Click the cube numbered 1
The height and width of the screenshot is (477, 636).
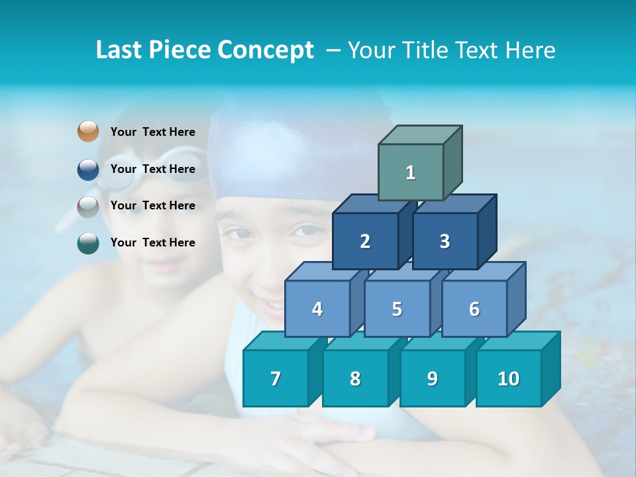tap(411, 172)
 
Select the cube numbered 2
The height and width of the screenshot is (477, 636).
tap(365, 241)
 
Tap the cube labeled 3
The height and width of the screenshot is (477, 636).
tap(445, 241)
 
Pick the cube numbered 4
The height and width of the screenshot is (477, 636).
tap(317, 309)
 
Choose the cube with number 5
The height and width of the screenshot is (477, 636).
tap(397, 309)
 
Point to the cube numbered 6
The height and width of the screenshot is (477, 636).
tap(474, 309)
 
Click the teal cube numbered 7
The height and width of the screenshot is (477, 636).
tap(276, 378)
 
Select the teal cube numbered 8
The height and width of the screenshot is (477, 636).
tap(355, 378)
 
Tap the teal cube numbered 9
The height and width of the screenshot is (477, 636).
tap(432, 378)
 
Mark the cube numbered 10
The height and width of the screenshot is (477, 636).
tap(509, 378)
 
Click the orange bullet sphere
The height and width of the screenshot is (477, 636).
tap(88, 132)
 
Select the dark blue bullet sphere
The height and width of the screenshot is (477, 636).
tap(88, 170)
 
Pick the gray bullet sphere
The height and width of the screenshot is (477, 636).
tap(88, 207)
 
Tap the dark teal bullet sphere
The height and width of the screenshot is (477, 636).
tap(88, 243)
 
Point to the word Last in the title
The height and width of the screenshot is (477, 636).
tap(119, 50)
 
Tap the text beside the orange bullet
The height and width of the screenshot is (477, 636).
tap(153, 132)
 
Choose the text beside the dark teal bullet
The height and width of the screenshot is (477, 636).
tap(153, 242)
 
